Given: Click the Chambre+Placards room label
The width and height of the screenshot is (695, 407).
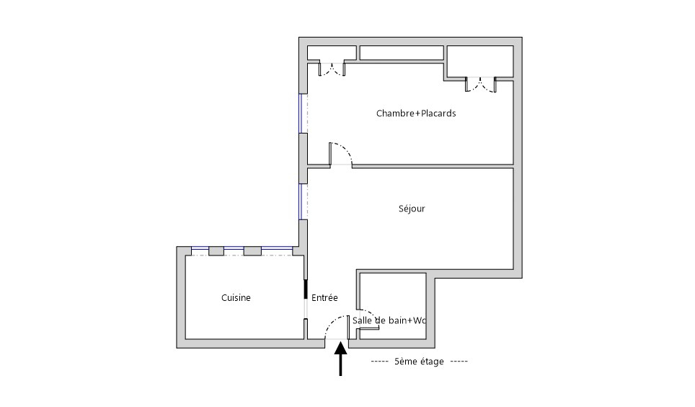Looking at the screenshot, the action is pyautogui.click(x=416, y=113).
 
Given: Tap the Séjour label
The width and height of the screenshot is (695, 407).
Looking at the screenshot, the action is pyautogui.click(x=412, y=208).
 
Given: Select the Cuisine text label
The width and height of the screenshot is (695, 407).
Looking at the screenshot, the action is pyautogui.click(x=236, y=297).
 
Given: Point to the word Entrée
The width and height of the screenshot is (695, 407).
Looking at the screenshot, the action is pyautogui.click(x=324, y=297).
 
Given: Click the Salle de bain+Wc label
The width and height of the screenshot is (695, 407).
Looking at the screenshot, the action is pyautogui.click(x=389, y=320).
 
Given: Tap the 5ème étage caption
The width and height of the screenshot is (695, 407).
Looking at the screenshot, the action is pyautogui.click(x=420, y=362).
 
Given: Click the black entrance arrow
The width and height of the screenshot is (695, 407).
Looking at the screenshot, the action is pyautogui.click(x=340, y=359).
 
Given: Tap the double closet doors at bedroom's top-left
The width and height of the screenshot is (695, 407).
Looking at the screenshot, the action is pyautogui.click(x=332, y=70).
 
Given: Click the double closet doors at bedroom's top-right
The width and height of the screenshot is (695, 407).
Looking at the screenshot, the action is pyautogui.click(x=480, y=85).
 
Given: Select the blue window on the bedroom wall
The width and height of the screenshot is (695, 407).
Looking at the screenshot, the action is pyautogui.click(x=301, y=113).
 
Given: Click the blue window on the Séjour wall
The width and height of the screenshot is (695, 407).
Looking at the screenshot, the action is pyautogui.click(x=301, y=201).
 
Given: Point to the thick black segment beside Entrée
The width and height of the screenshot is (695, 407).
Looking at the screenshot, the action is pyautogui.click(x=306, y=289).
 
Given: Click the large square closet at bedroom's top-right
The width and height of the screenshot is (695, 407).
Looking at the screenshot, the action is pyautogui.click(x=480, y=61).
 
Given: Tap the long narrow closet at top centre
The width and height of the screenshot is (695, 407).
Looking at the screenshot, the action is pyautogui.click(x=402, y=53).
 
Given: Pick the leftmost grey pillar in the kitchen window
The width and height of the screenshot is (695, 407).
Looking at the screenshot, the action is pyautogui.click(x=216, y=251).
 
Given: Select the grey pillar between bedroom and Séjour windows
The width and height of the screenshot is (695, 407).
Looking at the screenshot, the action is pyautogui.click(x=304, y=158).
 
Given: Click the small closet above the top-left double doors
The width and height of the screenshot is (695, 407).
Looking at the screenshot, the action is pyautogui.click(x=332, y=53).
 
